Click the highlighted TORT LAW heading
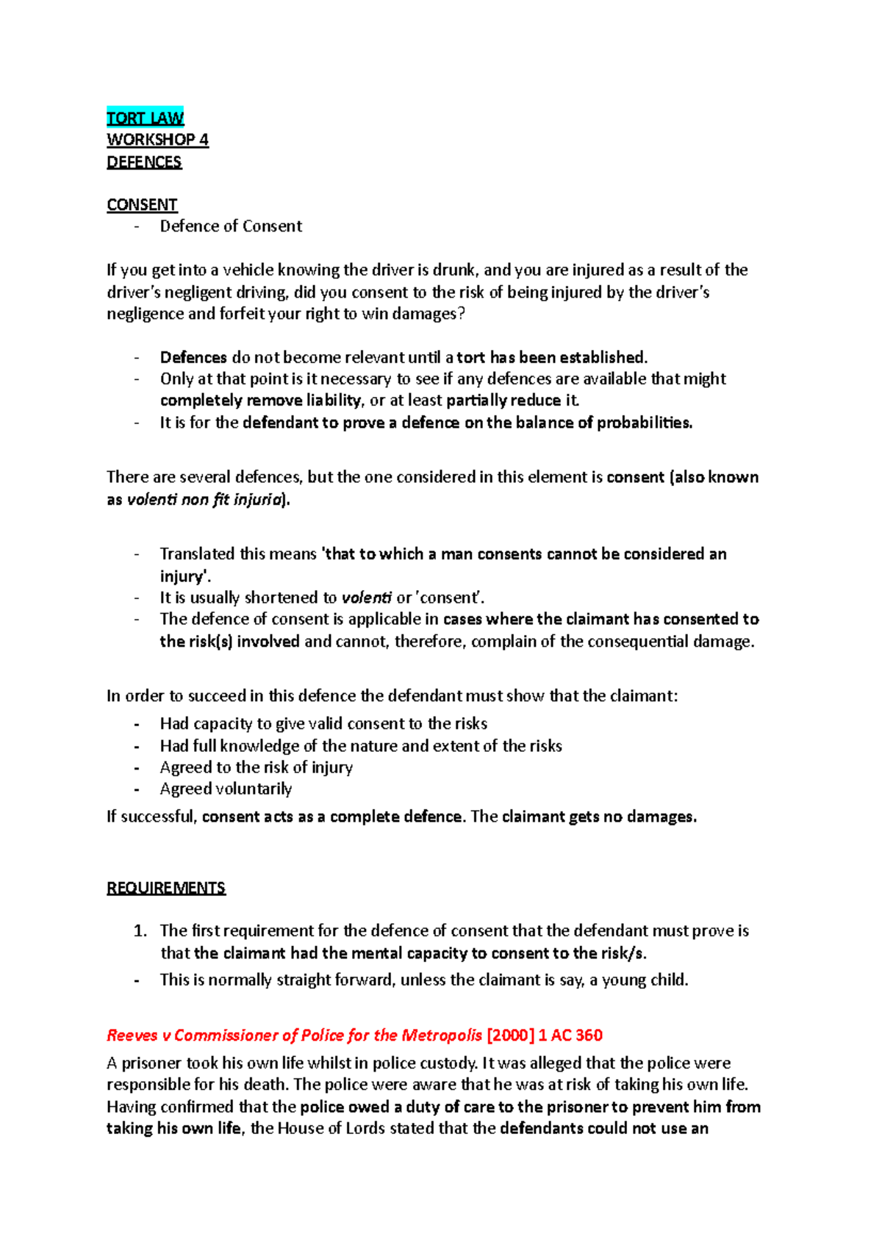pos(145,118)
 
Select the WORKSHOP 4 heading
pos(157,140)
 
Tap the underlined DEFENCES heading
pos(144,162)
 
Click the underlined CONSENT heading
pos(142,205)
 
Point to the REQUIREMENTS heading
pos(166,888)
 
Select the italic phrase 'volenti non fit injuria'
pos(205,500)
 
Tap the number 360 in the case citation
pos(589,1036)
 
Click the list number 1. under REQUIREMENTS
pos(140,931)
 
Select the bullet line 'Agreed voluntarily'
pos(226,789)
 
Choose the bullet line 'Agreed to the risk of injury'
pos(256,767)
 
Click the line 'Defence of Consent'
pos(231,226)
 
